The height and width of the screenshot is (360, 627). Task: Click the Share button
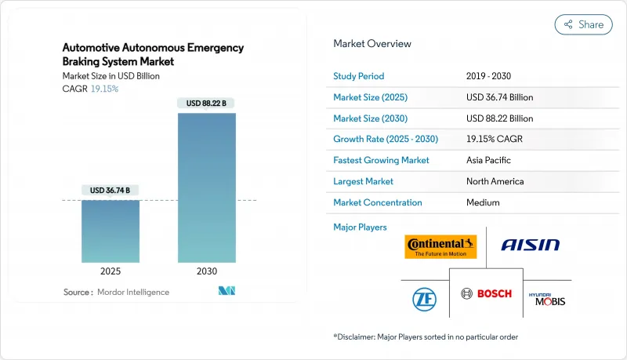click(583, 24)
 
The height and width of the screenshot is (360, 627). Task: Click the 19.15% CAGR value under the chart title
click(104, 88)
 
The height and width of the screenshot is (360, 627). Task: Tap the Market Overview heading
click(372, 43)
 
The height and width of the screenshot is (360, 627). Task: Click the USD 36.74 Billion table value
click(499, 97)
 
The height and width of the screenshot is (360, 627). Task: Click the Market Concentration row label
click(378, 202)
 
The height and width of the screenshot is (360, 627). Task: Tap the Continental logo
click(440, 246)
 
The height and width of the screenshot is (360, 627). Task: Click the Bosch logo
click(486, 293)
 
